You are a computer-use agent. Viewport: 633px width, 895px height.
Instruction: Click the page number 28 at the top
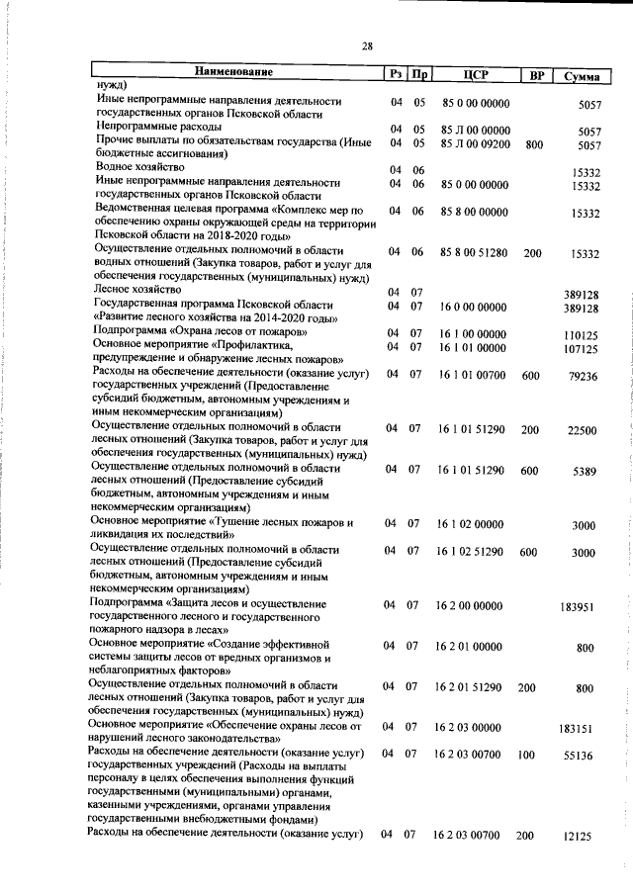(x=367, y=46)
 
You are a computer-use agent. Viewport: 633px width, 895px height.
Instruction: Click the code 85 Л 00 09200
(x=475, y=143)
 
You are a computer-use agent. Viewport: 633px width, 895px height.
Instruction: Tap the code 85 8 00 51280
(x=475, y=253)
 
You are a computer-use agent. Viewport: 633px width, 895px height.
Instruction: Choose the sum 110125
(x=582, y=335)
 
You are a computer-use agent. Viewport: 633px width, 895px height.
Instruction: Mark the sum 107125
(x=582, y=349)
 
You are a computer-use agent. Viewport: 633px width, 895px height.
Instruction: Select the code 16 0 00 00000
(x=473, y=308)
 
